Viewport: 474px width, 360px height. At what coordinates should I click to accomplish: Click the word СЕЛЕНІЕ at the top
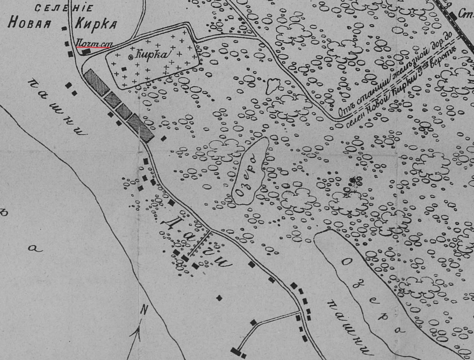click(x=64, y=8)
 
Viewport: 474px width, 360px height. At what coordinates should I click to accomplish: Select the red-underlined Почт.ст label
click(x=93, y=44)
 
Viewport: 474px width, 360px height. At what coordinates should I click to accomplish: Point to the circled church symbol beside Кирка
click(x=131, y=57)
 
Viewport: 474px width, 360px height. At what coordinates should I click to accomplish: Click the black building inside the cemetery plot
click(x=124, y=69)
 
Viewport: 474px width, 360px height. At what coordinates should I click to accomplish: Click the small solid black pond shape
click(x=272, y=85)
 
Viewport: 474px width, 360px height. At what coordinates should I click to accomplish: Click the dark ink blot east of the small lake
click(x=355, y=182)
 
